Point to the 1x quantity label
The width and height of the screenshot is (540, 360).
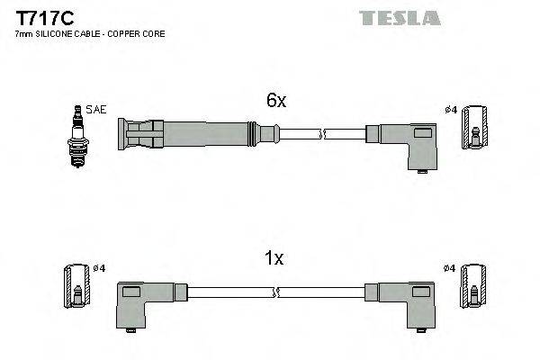point(274,258)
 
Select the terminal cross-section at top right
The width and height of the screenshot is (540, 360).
point(475,128)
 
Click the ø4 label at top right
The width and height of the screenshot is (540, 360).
point(452,110)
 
